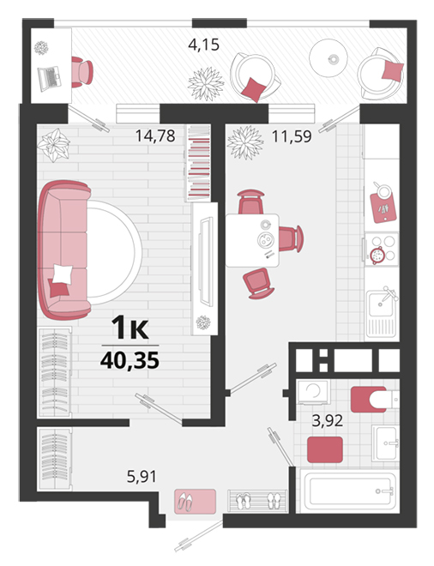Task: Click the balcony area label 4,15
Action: coord(203,45)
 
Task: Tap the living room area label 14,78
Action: coord(155,136)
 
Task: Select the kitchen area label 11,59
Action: coord(292,137)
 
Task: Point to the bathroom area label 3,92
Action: coord(328,420)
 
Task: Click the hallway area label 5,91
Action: coord(142,477)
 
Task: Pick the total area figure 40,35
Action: coord(130,360)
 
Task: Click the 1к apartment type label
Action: coord(130,328)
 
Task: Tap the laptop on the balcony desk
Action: coord(50,78)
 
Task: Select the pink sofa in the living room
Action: coord(64,250)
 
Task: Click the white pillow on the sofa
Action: coord(63,274)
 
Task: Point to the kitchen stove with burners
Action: coord(383,249)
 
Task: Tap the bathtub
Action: coord(348,491)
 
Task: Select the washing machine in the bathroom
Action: coord(313,392)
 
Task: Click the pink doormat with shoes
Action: coord(195,502)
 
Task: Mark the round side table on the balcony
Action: coord(329,57)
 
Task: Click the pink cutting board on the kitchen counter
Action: coord(383,208)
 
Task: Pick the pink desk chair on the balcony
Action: coord(81,72)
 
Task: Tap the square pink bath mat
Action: coord(325,449)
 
